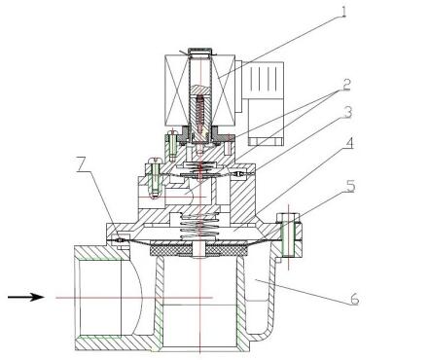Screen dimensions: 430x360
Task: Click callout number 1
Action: pyautogui.click(x=343, y=12)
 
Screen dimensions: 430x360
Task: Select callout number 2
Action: pyautogui.click(x=346, y=85)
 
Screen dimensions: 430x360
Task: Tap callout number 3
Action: pyautogui.click(x=347, y=112)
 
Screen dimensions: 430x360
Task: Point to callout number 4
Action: pyautogui.click(x=348, y=144)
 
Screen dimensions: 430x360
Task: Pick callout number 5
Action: pyautogui.click(x=350, y=187)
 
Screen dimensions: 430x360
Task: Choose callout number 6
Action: pyautogui.click(x=355, y=299)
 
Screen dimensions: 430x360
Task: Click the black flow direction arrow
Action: pyautogui.click(x=25, y=297)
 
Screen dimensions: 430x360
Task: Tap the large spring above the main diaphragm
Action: pyautogui.click(x=197, y=226)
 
